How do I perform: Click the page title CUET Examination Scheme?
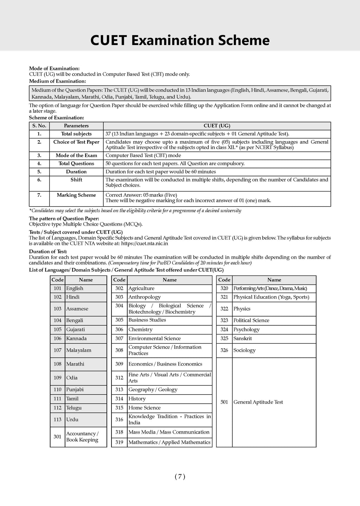180,40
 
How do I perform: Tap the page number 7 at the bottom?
180,476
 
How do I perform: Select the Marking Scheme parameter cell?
76,195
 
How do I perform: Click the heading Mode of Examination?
54,69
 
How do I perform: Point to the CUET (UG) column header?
217,126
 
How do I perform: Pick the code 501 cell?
224,402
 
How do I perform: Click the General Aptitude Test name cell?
258,402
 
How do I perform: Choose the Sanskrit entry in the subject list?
243,338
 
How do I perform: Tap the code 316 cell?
119,419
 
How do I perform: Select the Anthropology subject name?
144,297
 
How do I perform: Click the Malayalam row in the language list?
79,350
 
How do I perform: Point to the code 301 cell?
57,436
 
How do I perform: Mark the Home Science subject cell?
144,408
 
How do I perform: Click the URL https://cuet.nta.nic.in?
144,243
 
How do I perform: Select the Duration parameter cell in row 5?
76,171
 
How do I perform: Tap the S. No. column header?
39,126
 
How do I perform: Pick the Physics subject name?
242,309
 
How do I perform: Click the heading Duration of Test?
48,252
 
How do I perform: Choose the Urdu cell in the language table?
72,419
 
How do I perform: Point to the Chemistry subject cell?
140,329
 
